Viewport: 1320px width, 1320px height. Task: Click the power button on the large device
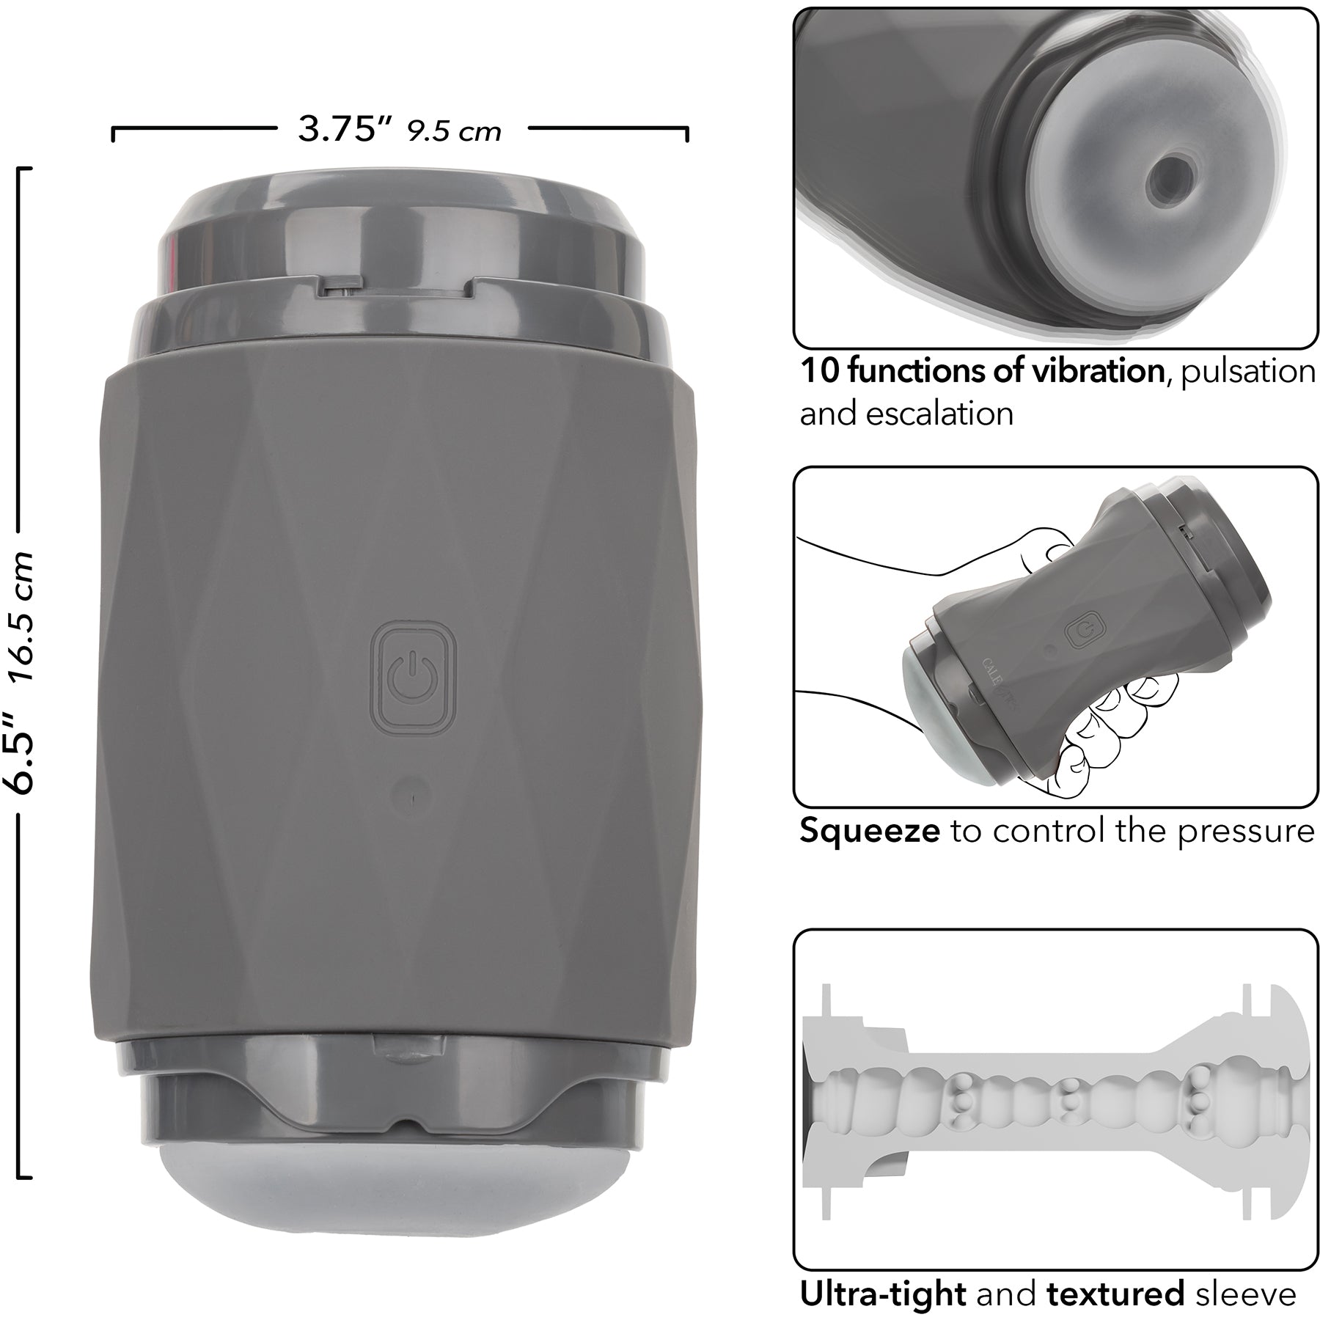pyautogui.click(x=415, y=678)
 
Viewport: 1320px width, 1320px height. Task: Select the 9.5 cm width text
pyautogui.click(x=455, y=131)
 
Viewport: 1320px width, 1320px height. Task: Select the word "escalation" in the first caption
pyautogui.click(x=941, y=414)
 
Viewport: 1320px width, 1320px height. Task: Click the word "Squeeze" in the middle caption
pyautogui.click(x=869, y=831)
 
